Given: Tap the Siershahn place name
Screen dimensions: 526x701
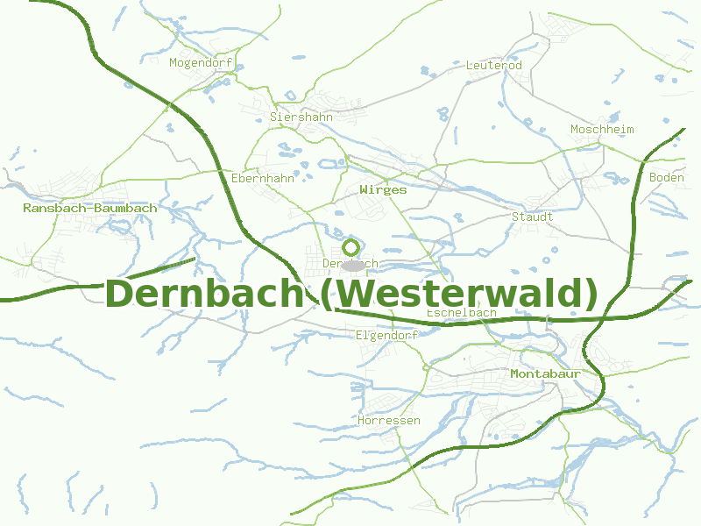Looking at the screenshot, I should pos(301,117).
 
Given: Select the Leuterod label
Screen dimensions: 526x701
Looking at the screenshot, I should pos(494,66).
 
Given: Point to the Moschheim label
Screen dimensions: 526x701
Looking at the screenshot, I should pos(602,130).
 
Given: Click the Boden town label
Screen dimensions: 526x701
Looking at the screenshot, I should pos(667,178).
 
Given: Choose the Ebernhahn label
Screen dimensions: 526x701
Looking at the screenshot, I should pos(263,178).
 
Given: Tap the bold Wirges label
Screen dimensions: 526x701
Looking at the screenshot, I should pos(383,189).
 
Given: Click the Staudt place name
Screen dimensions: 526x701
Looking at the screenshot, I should pos(532,217).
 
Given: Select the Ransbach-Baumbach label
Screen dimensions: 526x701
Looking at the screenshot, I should pos(90,209).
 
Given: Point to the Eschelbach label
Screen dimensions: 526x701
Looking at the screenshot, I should pos(461,313).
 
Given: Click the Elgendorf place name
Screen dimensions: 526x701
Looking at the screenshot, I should pos(387,335).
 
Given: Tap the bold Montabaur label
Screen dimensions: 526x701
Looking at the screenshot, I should pos(546,374).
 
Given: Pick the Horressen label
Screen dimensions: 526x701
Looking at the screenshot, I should pos(389,421).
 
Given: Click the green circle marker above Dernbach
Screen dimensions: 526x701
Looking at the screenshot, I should pos(351,247).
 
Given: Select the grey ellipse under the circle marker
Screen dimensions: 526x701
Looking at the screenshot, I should pos(352,265).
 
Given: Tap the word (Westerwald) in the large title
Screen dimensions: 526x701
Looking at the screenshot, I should pos(458,294).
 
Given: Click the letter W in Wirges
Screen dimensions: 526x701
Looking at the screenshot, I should pos(364,189).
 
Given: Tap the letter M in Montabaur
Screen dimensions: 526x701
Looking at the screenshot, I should pos(515,374).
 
